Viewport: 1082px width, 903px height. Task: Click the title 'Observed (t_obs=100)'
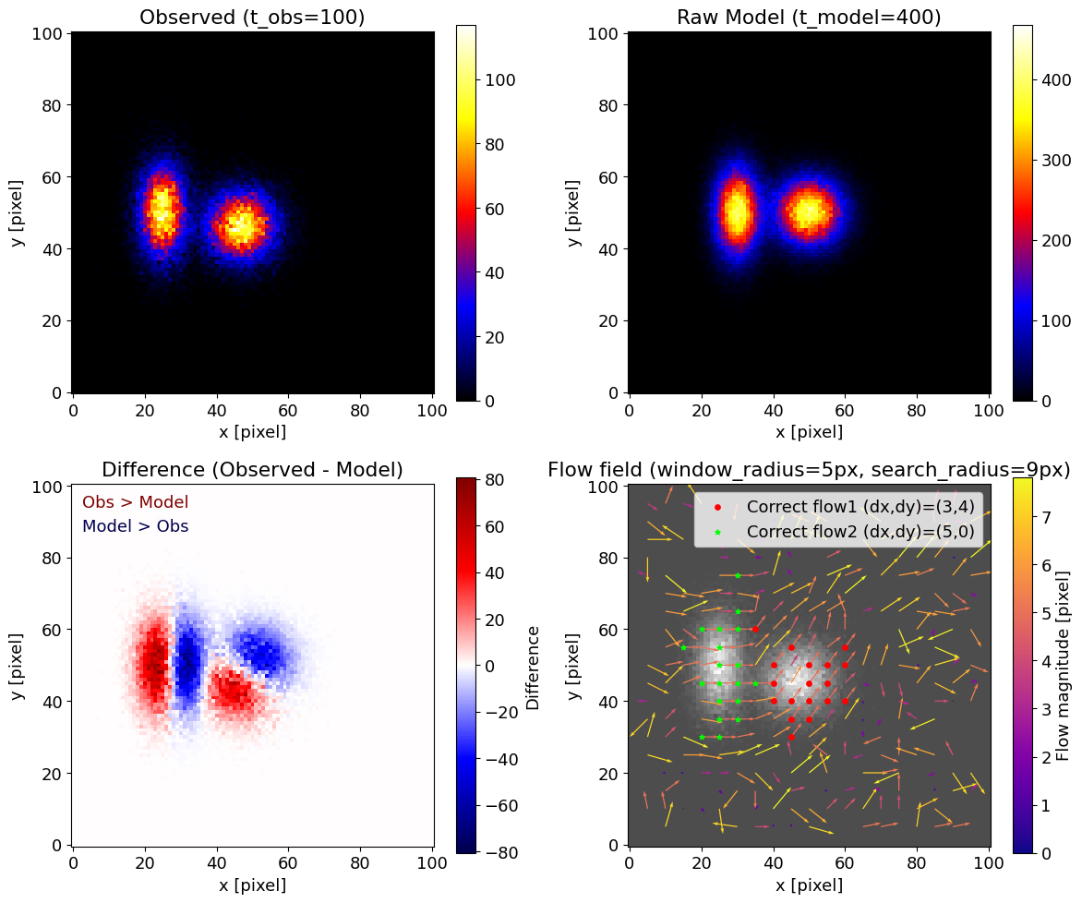coord(252,17)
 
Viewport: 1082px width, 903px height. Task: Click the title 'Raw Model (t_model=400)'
coord(808,17)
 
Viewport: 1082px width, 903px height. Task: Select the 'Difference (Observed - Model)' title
coord(252,469)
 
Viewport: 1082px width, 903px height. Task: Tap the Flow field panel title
coord(808,469)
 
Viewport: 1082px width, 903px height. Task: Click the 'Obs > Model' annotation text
coord(135,502)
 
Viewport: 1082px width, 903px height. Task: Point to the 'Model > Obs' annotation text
coord(135,526)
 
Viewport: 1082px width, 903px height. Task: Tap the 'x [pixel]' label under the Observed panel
coord(252,431)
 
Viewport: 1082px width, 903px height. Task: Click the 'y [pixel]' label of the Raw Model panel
coord(573,212)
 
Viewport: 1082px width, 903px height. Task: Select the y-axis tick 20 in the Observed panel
coord(54,320)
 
